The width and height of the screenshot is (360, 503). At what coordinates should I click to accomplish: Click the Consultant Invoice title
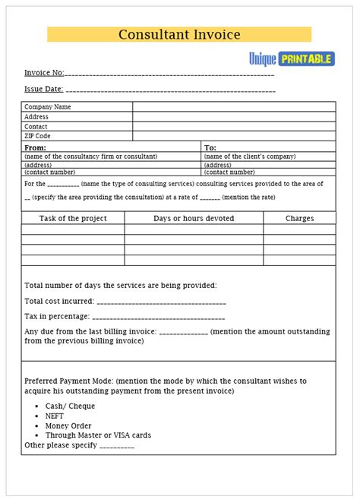pos(179,34)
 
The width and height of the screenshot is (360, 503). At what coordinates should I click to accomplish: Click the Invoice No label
pos(44,73)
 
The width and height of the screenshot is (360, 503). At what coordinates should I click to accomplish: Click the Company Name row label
pos(47,107)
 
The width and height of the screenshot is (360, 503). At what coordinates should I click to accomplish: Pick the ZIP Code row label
pos(38,136)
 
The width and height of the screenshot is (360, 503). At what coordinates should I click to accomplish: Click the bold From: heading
pos(35,147)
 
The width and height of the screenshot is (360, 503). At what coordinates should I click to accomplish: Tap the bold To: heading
pos(210,147)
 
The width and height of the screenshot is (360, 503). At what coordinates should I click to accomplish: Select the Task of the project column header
pos(73,218)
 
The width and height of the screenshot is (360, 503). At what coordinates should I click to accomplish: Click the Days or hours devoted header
pos(194,218)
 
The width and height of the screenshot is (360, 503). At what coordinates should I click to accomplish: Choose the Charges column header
pos(299,218)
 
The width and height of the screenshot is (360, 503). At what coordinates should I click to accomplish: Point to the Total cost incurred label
pos(58,302)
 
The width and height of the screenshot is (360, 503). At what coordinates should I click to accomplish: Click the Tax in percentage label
pos(57,316)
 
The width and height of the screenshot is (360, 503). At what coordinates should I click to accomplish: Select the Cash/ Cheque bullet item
pos(70,406)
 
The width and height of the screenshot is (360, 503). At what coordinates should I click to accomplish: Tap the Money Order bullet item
pos(68,425)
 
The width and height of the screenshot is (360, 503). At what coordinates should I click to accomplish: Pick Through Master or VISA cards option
pos(98,435)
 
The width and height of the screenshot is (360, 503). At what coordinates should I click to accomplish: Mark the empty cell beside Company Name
pos(234,107)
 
